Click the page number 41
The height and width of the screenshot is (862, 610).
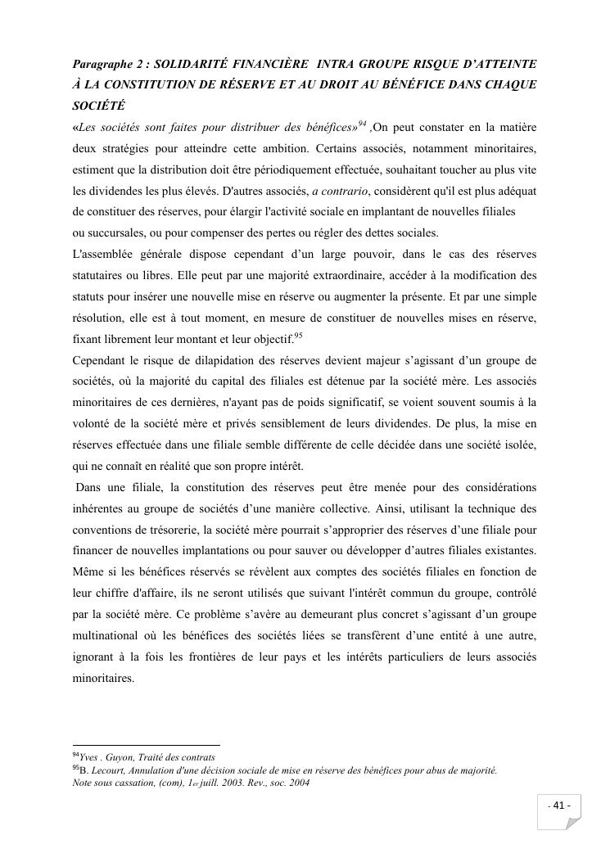[561, 806]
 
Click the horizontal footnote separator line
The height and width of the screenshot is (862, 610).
[147, 745]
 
